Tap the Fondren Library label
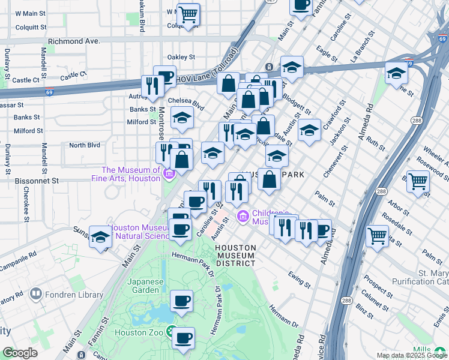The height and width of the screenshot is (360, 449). [67, 295]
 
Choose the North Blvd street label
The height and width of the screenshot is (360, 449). [84, 145]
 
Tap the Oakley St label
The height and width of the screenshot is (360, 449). [181, 57]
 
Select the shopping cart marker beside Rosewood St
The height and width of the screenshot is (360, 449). [418, 181]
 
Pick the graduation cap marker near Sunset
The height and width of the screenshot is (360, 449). [100, 236]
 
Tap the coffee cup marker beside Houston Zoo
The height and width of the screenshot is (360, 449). [183, 337]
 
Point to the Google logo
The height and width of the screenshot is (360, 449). [20, 353]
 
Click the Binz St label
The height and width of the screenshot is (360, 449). [364, 309]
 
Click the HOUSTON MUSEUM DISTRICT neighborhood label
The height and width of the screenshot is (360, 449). [236, 255]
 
